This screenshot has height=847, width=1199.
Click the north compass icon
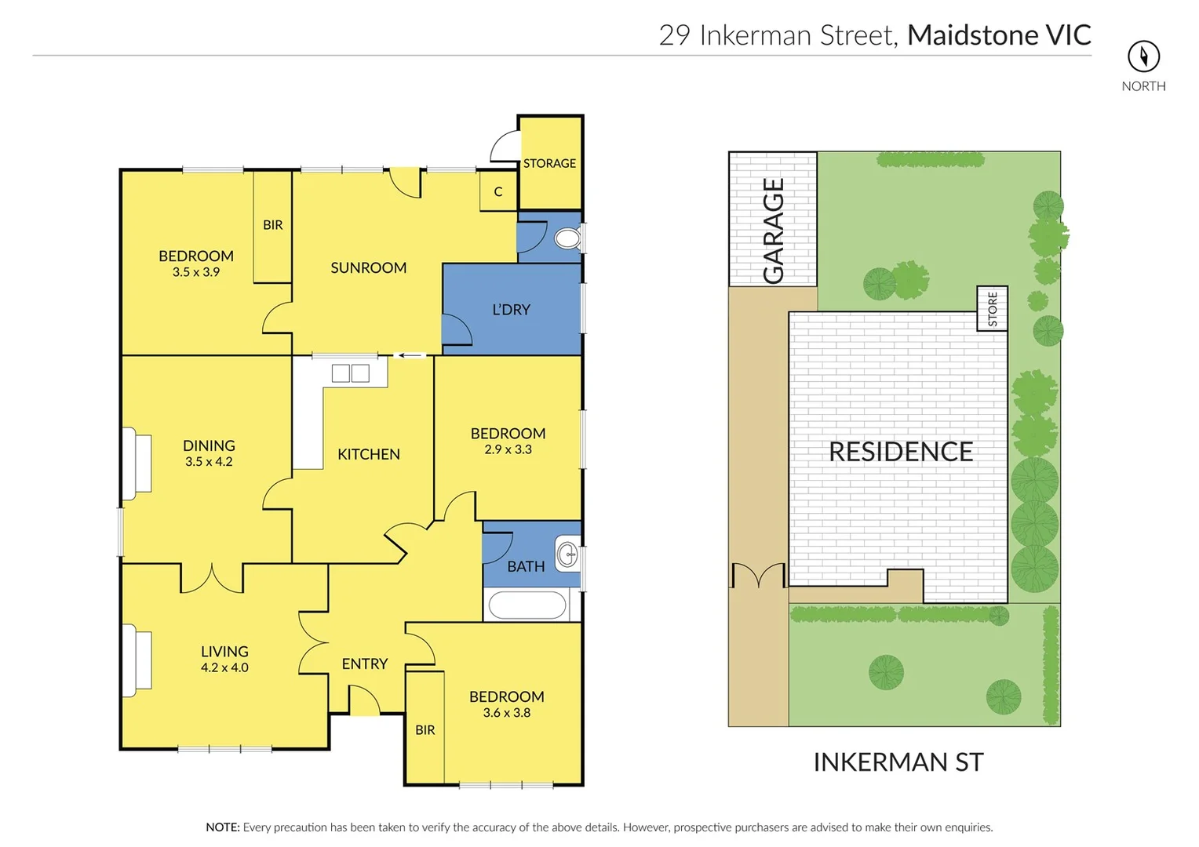[x=1143, y=56]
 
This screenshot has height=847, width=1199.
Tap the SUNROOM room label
[x=368, y=267]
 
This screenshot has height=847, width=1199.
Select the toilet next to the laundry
[x=567, y=238]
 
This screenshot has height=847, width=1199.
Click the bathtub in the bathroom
[x=527, y=605]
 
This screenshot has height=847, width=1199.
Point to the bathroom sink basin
[x=567, y=555]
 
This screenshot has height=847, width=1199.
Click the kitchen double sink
[x=350, y=373]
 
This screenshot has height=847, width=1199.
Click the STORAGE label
[x=549, y=163]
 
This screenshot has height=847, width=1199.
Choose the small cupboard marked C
[x=498, y=191]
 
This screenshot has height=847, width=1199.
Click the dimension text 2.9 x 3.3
[x=508, y=449]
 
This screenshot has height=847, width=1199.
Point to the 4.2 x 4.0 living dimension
[x=224, y=667]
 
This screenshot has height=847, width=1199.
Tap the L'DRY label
[x=511, y=310]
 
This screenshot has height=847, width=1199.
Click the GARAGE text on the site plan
[x=774, y=231]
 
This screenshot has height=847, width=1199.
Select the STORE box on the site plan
[x=992, y=309]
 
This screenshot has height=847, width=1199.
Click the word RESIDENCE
[x=901, y=452]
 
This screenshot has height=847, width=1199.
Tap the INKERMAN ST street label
[x=898, y=762]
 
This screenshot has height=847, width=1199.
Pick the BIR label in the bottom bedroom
[x=425, y=730]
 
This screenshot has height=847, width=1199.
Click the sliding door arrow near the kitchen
[x=410, y=356]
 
